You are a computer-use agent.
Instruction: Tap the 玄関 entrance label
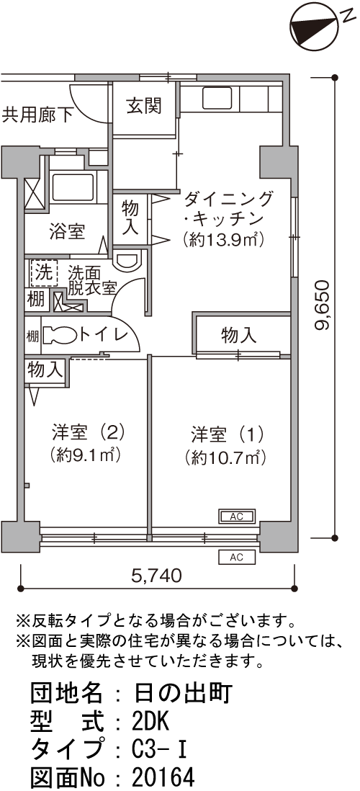point(144,106)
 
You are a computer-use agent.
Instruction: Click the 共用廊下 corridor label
point(37,115)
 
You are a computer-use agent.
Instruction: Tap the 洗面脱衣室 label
point(92,280)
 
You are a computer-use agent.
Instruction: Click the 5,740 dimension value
point(156,575)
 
